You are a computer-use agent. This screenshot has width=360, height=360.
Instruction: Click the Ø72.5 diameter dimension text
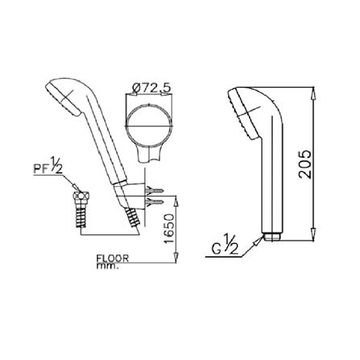tap(151, 87)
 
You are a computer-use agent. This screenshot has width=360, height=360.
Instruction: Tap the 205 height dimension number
tap(305, 164)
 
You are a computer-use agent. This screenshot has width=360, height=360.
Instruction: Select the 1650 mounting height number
tap(169, 229)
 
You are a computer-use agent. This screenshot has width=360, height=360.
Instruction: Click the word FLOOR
tap(113, 259)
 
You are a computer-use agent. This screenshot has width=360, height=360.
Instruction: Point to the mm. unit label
tap(107, 267)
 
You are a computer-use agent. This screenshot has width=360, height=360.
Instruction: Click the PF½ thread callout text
tap(48, 168)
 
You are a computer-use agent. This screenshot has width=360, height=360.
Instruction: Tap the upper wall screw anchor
tap(154, 191)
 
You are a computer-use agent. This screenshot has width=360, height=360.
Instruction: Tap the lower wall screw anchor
tap(154, 201)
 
